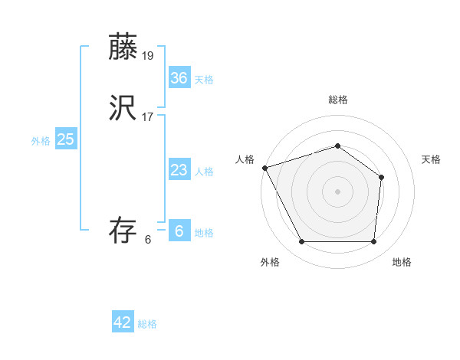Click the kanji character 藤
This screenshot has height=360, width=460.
[x=123, y=47]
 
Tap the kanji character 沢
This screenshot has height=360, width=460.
[x=123, y=110]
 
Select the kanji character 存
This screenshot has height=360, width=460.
[x=123, y=231]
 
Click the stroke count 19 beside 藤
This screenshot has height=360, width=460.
[x=149, y=55]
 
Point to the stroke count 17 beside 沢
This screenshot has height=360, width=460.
[x=149, y=117]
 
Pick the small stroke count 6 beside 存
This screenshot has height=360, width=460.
[x=148, y=240]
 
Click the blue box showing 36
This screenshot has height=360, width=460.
[x=179, y=77]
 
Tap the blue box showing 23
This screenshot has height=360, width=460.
[x=179, y=170]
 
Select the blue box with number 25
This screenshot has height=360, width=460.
[x=66, y=139]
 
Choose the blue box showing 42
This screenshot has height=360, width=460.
[x=123, y=322]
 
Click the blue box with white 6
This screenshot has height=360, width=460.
[x=179, y=231]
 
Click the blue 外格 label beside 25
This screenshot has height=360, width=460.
[x=41, y=141]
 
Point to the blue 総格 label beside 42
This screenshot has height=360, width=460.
[x=147, y=324]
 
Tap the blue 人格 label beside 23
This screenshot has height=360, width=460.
[x=204, y=172]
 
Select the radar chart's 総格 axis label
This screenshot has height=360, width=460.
[x=337, y=100]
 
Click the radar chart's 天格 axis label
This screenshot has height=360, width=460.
[x=432, y=159]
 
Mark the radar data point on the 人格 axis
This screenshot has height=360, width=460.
[x=264, y=168]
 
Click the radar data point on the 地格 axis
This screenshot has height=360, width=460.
[x=373, y=242]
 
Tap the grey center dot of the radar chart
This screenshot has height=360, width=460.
[x=337, y=191]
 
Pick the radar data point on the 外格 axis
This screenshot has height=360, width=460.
[x=301, y=242]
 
